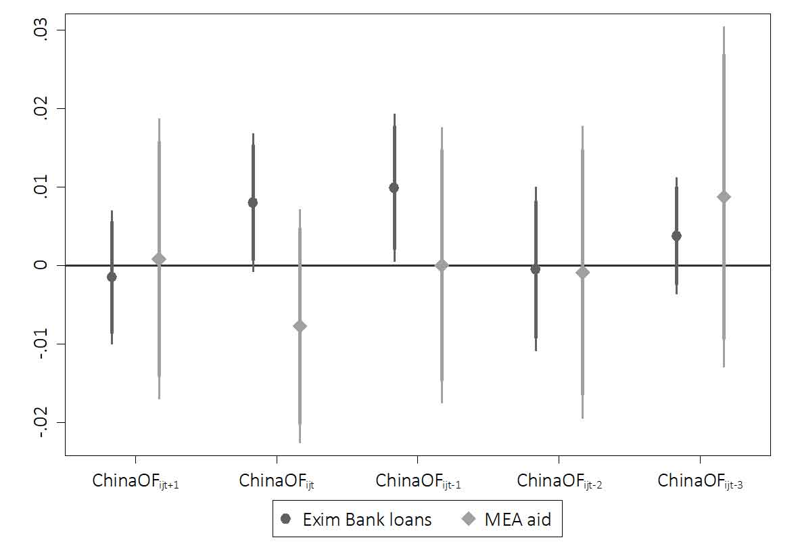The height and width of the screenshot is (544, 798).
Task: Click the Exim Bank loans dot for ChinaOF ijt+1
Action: (x=112, y=277)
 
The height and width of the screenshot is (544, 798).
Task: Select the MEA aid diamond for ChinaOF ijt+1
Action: (x=159, y=259)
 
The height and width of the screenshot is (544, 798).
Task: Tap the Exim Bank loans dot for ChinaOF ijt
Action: (x=253, y=202)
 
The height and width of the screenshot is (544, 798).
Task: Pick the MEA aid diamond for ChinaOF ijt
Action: (x=300, y=326)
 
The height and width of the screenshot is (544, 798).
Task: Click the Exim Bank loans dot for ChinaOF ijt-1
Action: (x=394, y=187)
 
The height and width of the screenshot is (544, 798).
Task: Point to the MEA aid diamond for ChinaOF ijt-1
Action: (x=442, y=265)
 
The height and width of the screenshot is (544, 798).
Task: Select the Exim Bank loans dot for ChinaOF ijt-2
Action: (x=536, y=269)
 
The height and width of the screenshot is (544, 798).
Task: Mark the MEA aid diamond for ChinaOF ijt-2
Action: (x=583, y=273)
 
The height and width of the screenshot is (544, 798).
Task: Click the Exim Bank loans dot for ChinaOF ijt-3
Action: (x=676, y=235)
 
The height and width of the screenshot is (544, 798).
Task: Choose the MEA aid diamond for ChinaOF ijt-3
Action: (x=724, y=197)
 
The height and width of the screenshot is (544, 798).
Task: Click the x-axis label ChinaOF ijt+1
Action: (x=135, y=482)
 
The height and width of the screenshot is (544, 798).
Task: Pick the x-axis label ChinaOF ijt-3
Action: (x=700, y=482)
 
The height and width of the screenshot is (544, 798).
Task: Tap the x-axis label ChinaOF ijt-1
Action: (x=418, y=482)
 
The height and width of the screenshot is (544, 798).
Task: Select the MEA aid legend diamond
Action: (x=467, y=519)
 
